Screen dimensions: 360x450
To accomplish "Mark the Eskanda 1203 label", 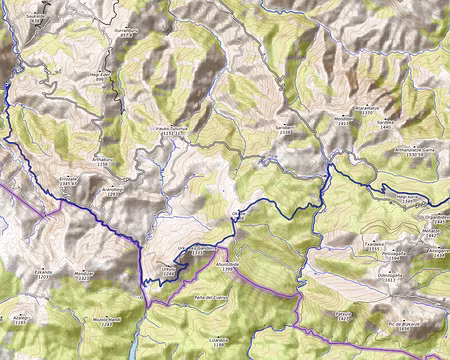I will pyautogui.click(x=42, y=273).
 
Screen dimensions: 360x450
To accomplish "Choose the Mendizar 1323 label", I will pyautogui.click(x=83, y=274).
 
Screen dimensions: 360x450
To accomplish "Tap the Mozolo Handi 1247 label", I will pyautogui.click(x=108, y=321).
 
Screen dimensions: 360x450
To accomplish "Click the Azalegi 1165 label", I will pyautogui.click(x=20, y=319).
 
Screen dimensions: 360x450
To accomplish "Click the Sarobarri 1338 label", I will pyautogui.click(x=286, y=129).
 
